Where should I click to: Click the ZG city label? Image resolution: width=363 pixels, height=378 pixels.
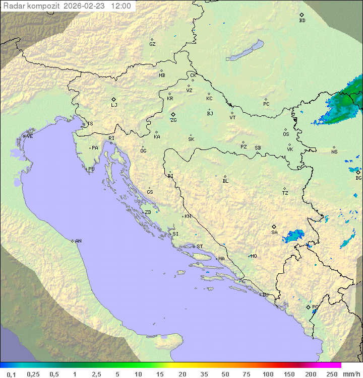click(173, 120)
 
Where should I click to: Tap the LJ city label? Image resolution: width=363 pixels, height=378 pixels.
click(114, 105)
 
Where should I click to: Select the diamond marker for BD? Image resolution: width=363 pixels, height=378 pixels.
click(301, 15)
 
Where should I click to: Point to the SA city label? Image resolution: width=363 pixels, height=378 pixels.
click(274, 233)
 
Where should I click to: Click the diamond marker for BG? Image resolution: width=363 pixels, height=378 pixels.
click(358, 172)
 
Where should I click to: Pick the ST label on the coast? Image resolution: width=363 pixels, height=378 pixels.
click(200, 247)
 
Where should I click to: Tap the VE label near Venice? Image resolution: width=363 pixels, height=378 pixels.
click(30, 136)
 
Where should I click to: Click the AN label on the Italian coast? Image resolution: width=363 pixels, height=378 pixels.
click(78, 241)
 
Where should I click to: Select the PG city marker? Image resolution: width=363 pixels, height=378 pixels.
click(309, 307)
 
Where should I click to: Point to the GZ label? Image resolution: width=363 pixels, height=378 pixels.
click(152, 44)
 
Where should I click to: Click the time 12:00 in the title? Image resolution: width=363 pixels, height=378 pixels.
click(121, 6)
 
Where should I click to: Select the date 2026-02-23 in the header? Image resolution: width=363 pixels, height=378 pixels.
click(85, 6)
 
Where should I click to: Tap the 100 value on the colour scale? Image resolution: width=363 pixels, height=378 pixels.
click(268, 374)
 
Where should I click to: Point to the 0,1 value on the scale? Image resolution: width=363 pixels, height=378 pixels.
click(11, 374)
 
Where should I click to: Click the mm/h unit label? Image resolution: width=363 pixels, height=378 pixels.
click(350, 374)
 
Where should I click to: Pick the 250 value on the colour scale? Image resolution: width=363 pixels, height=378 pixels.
click(332, 374)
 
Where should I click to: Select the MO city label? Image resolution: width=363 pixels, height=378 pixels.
click(254, 256)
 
